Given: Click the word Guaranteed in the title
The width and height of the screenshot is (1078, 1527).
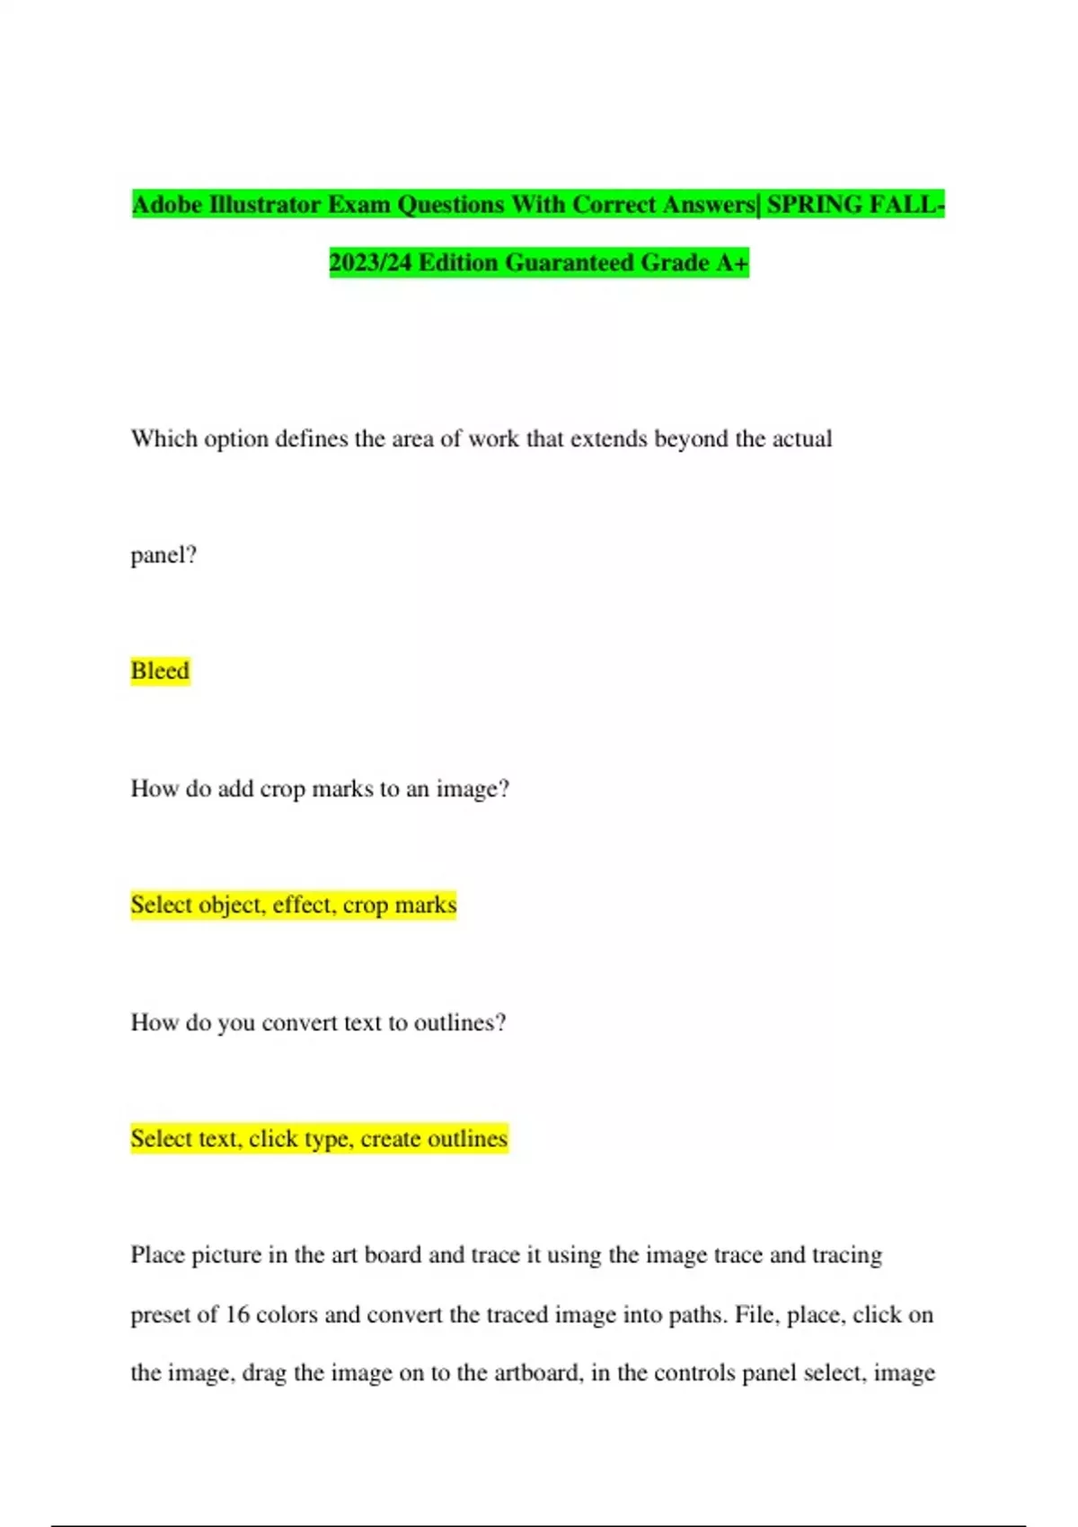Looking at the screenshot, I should pyautogui.click(x=571, y=262).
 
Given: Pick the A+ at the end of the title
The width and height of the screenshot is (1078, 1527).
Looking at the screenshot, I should pyautogui.click(x=732, y=262).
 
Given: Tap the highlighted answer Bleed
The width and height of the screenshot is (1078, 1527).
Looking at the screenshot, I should pyautogui.click(x=160, y=671).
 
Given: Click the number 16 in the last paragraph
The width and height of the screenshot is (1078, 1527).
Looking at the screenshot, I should pyautogui.click(x=237, y=1314).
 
